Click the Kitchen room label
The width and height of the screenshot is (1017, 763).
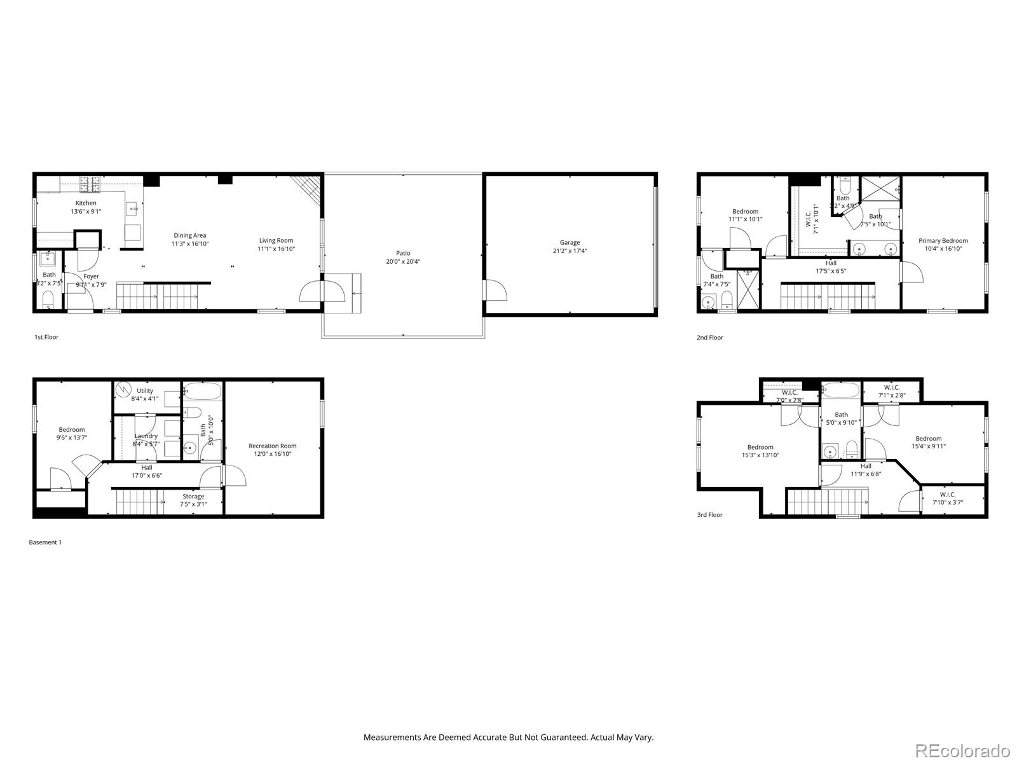point(86,203)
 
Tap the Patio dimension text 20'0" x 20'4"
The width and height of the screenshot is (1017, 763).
point(403,261)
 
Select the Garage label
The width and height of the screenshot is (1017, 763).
point(570,242)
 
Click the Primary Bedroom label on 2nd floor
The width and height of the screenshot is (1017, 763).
point(943,240)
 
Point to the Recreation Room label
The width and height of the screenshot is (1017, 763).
point(272,446)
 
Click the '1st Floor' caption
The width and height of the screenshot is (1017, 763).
point(46,337)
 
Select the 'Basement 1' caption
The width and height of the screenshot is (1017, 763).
point(45,542)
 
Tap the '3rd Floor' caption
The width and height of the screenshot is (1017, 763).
point(709,515)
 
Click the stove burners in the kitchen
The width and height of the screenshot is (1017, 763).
point(90,184)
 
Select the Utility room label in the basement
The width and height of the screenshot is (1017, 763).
point(145,391)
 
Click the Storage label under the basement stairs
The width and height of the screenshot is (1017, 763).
point(193,497)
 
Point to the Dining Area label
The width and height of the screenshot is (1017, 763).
point(189,235)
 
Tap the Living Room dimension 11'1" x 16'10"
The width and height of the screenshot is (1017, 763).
point(276,249)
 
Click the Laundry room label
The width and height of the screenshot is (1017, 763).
point(146,436)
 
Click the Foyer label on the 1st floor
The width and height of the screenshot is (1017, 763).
point(91,277)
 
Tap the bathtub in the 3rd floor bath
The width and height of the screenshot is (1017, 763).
point(840,390)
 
